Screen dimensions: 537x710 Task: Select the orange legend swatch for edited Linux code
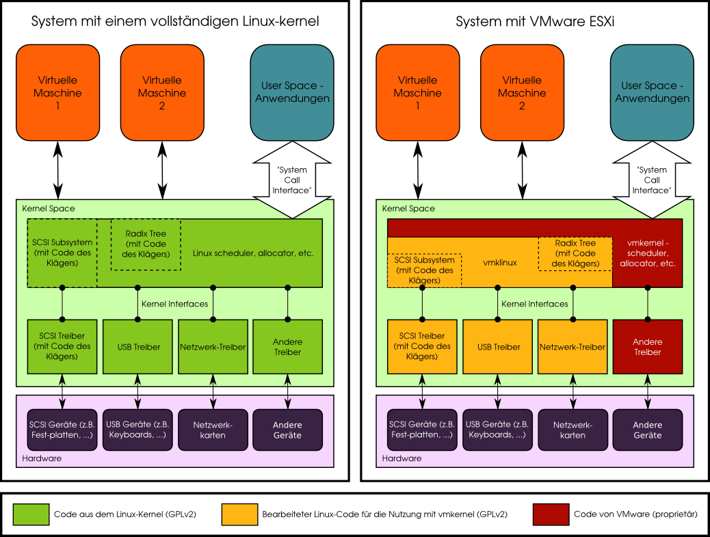[240, 514]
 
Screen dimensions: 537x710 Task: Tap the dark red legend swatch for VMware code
[551, 514]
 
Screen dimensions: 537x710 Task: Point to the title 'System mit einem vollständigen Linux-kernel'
[175, 22]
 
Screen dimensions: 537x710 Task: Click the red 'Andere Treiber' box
[647, 347]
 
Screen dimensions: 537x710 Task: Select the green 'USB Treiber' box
[138, 347]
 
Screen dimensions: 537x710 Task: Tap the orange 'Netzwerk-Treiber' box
[573, 347]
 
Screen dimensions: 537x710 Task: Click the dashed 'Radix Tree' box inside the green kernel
[146, 244]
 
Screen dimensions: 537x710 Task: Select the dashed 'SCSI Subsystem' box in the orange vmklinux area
[424, 270]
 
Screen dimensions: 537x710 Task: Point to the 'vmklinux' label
[499, 262]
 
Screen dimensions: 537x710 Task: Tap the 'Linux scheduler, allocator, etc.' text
[253, 253]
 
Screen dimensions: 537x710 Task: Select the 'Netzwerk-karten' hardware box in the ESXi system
[573, 430]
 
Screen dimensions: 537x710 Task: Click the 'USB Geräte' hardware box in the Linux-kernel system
[138, 430]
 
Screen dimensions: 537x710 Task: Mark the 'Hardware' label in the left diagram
[42, 458]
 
